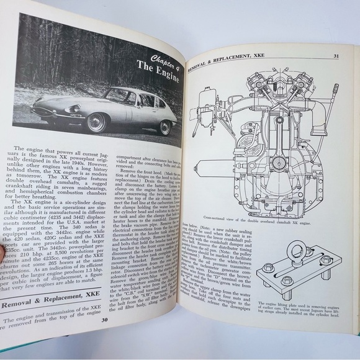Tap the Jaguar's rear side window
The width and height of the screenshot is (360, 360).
click(147, 97)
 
